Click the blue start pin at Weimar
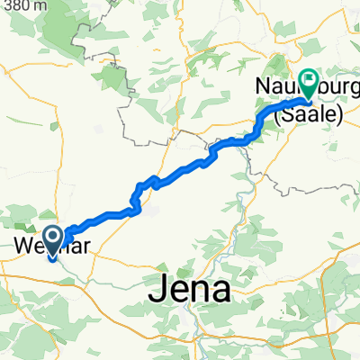(x=53, y=239)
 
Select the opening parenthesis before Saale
(x=277, y=112)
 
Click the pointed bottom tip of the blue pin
(x=53, y=256)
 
